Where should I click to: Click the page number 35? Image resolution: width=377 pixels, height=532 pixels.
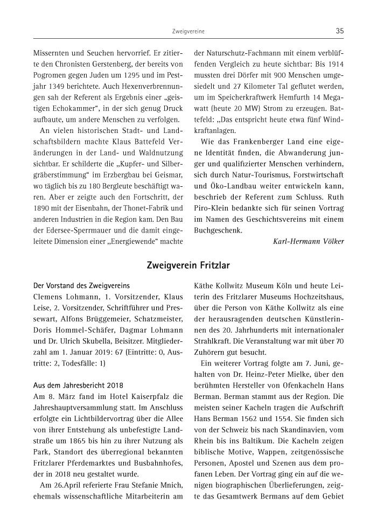pos(339,31)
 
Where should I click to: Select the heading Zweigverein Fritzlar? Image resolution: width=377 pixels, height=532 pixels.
pos(188,265)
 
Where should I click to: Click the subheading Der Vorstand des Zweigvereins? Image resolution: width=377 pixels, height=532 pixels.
pos(82,285)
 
